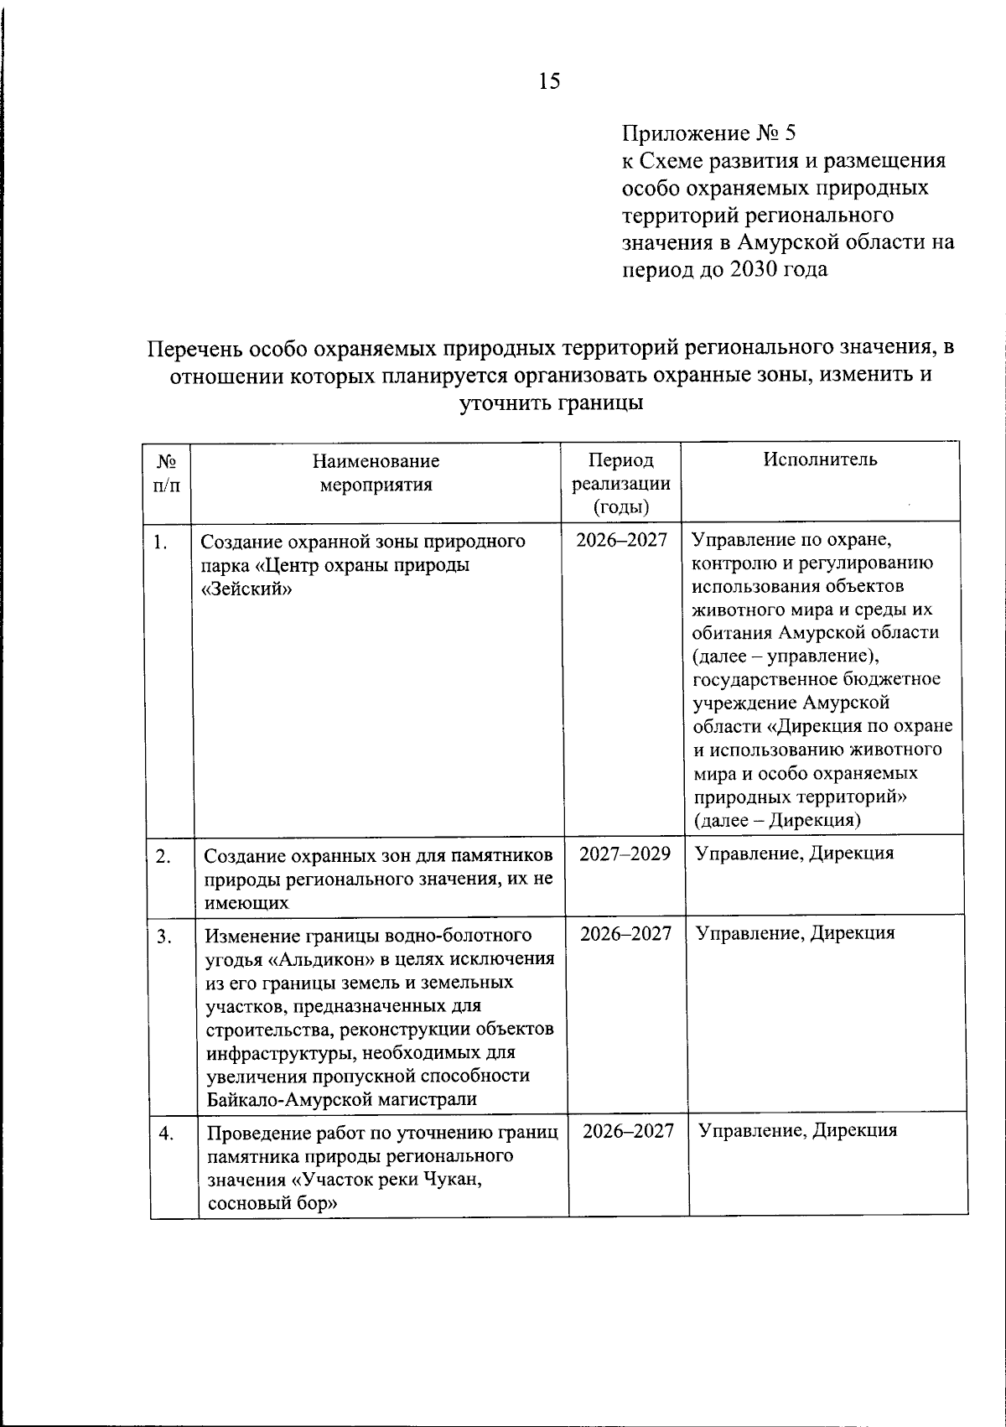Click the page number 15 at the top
click(x=550, y=81)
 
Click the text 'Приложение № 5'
click(x=708, y=133)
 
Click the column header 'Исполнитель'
click(x=820, y=459)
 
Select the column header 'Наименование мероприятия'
click(x=376, y=472)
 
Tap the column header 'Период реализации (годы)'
click(x=620, y=483)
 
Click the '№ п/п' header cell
click(x=167, y=472)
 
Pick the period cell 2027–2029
click(x=625, y=854)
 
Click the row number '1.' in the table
click(x=160, y=542)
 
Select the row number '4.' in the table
click(x=166, y=1134)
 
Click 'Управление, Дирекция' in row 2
click(x=794, y=854)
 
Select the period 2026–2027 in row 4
click(x=628, y=1131)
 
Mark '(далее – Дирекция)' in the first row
click(x=777, y=820)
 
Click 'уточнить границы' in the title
click(x=551, y=402)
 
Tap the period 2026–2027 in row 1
click(x=621, y=540)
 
